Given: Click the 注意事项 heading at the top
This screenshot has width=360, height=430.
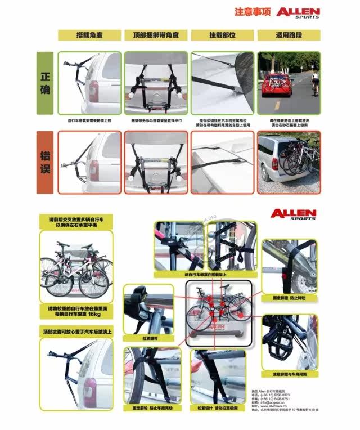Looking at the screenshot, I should coord(253,12).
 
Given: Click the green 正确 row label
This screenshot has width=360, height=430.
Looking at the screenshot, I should coord(45,83).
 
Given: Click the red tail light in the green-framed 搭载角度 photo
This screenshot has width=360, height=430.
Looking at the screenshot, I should coord(93,91).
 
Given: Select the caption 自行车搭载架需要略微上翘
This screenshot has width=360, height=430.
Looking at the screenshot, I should coord(89,120).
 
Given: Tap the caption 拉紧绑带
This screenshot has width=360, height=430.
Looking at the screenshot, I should coord(148,338).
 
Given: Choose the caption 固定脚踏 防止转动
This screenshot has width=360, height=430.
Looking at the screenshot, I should coord(289,297).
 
